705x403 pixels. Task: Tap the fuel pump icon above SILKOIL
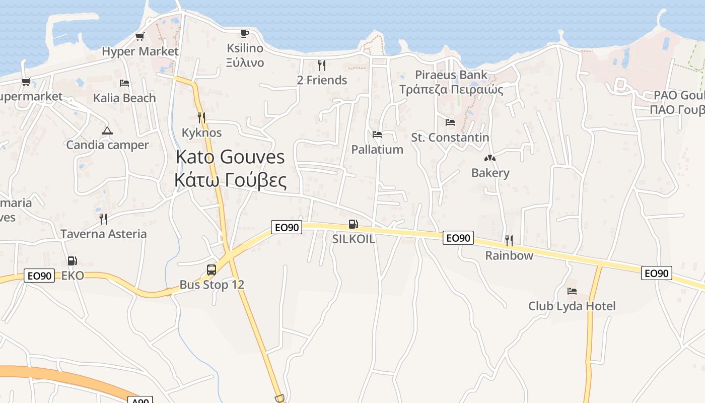pos(354,225)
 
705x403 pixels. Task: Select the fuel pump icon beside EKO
pos(73,261)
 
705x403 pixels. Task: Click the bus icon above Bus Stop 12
pos(211,270)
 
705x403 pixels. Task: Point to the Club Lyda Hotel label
pos(572,306)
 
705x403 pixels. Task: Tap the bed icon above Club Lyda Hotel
pos(572,291)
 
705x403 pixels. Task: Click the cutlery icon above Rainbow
pos(509,240)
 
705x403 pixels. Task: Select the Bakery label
pos(490,173)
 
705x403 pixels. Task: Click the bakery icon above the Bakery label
pos(490,158)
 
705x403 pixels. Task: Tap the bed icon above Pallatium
pos(377,135)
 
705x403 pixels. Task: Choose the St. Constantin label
pos(450,138)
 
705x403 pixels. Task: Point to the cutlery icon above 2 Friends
pos(322,65)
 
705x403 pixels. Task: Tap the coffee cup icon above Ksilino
pos(244,33)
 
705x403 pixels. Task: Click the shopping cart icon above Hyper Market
pos(140,36)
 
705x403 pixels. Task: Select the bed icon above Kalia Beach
pos(124,83)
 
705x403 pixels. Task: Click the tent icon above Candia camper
pos(107,131)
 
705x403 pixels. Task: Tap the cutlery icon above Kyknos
pos(201,118)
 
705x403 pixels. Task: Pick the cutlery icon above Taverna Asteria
pos(103,219)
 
